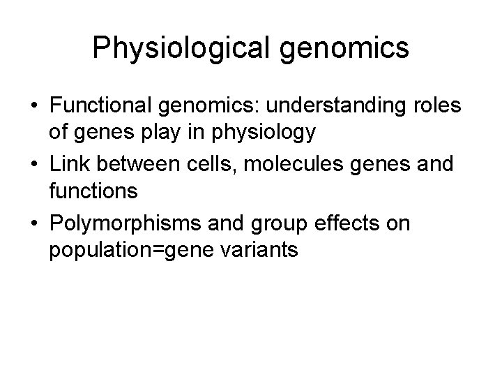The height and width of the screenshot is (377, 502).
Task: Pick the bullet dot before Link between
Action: point(33,165)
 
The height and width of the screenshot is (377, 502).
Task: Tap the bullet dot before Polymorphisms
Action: point(33,223)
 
